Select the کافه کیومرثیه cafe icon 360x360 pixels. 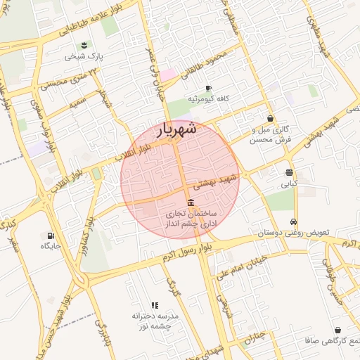click(x=208, y=89)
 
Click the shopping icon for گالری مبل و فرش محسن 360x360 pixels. click(x=270, y=119)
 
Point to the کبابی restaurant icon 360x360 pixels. click(x=290, y=172)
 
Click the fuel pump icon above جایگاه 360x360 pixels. click(x=51, y=236)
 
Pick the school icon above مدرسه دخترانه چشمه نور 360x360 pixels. click(x=155, y=305)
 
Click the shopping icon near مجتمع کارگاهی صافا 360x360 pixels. click(x=338, y=330)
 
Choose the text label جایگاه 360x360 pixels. click(x=51, y=246)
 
